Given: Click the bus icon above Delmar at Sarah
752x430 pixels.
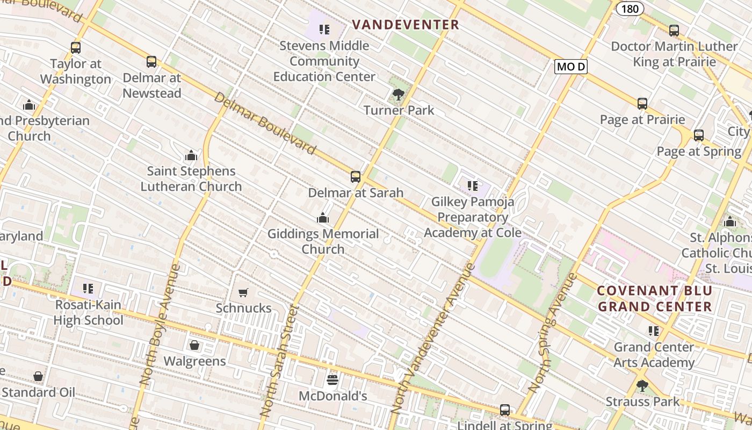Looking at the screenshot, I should click(x=355, y=177).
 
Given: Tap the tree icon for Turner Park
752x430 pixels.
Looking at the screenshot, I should click(x=398, y=95).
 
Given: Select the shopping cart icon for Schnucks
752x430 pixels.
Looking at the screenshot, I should click(x=243, y=292).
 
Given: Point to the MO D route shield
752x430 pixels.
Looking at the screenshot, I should click(x=570, y=67).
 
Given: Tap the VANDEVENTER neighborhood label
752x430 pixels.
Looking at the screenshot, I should click(x=406, y=25).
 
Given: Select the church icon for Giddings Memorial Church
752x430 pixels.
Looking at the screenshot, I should click(x=323, y=218).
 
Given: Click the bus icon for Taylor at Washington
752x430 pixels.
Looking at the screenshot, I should click(x=76, y=48).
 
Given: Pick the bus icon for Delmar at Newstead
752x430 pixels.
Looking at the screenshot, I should click(x=151, y=62).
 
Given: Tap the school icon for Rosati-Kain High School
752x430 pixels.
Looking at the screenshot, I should click(x=88, y=289).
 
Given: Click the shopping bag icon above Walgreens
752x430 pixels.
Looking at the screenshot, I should click(x=194, y=345).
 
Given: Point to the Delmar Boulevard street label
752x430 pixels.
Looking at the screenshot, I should click(x=264, y=123).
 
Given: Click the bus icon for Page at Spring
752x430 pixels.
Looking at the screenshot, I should click(x=698, y=135).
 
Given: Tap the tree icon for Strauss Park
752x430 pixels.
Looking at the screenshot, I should click(x=642, y=385).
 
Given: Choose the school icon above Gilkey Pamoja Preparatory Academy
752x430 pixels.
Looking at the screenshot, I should click(x=472, y=186).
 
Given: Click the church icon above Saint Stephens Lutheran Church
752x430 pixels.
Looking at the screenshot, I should click(x=191, y=156).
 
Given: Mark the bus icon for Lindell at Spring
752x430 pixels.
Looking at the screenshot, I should click(x=504, y=410).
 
